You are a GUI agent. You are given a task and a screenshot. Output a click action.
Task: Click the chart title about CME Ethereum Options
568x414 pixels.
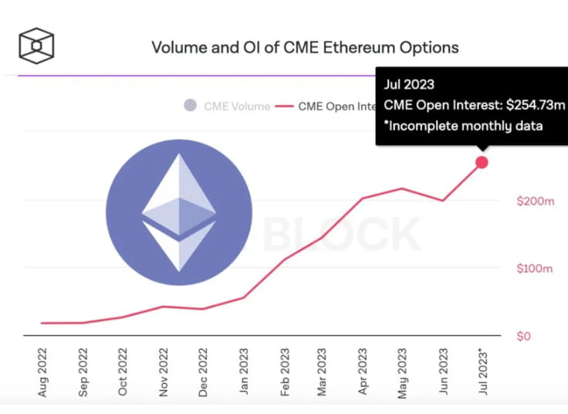point(305,48)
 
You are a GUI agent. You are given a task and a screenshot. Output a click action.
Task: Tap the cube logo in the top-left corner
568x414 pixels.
point(37,46)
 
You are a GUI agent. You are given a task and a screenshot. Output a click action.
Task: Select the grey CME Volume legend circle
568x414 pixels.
point(190,106)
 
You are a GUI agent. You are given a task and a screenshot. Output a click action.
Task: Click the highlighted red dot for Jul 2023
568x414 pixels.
point(482,162)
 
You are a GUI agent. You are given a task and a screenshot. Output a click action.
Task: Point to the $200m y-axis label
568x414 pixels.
point(535,201)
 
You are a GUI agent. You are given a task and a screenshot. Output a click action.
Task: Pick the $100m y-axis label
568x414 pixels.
point(535,269)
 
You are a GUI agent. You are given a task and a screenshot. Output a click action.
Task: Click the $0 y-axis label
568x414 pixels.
point(524,336)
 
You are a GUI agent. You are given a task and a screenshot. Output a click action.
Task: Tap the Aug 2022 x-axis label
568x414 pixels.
point(43,373)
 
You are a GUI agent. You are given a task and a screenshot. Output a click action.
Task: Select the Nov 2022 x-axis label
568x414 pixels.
point(164,373)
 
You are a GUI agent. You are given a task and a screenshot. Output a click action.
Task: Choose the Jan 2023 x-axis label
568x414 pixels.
point(244,373)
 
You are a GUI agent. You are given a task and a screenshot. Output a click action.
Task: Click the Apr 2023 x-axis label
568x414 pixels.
point(363,373)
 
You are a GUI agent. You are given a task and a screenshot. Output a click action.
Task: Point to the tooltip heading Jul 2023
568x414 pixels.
point(409,85)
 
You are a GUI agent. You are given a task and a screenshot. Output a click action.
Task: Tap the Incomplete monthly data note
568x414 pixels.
point(463,126)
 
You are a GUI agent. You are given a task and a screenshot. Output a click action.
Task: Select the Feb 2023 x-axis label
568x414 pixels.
point(284,373)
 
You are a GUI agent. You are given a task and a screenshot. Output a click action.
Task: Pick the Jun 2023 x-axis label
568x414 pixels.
point(444,373)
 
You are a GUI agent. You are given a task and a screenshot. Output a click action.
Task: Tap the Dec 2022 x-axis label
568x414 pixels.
point(204,373)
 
